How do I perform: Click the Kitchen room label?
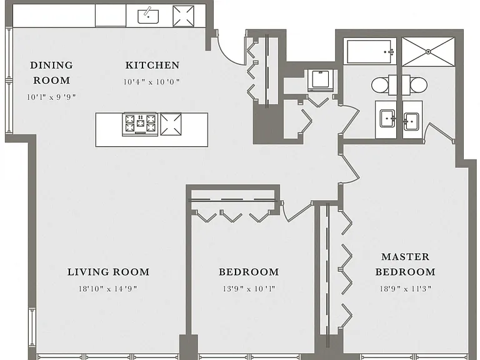[x=152, y=65]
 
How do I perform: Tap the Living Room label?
[x=108, y=272]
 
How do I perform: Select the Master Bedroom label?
[x=405, y=264]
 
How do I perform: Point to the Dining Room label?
[x=51, y=73]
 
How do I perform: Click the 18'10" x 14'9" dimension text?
[x=108, y=289]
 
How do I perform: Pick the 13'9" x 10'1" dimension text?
[x=249, y=289]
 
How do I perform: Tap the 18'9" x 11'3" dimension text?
[x=406, y=289]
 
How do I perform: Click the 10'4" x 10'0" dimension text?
[x=152, y=82]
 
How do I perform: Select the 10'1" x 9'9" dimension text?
[x=51, y=97]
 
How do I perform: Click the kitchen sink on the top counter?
[x=148, y=16]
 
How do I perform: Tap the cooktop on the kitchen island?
[x=140, y=124]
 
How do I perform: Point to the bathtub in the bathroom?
[x=369, y=52]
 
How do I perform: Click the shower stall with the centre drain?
[x=428, y=52]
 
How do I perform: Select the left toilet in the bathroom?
[x=380, y=85]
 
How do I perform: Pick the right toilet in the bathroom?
[x=419, y=85]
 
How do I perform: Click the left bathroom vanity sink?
[x=388, y=119]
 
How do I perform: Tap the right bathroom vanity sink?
[x=411, y=121]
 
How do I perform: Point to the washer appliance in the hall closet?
[x=320, y=80]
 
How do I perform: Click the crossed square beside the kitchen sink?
[x=183, y=16]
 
